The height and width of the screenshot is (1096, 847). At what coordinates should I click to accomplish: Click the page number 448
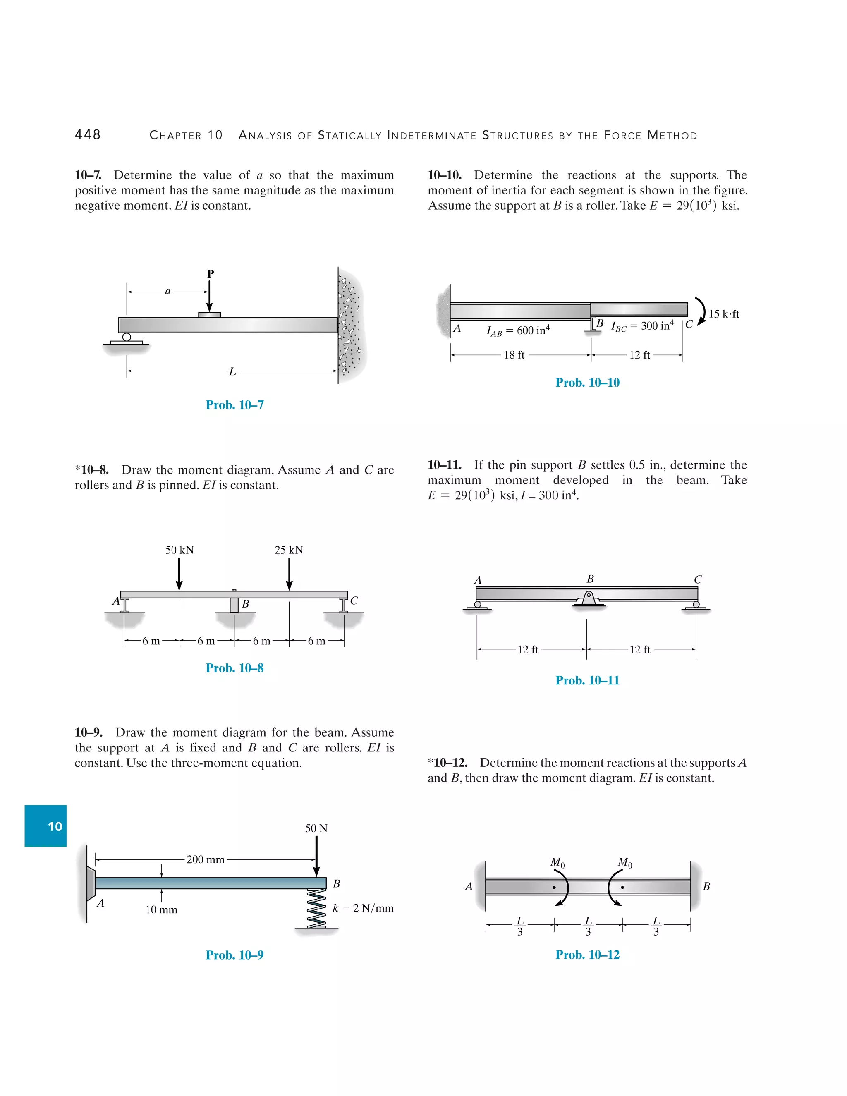(x=88, y=134)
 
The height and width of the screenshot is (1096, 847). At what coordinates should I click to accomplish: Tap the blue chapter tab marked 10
(x=45, y=826)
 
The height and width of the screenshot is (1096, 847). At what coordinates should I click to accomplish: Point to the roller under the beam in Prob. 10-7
(x=127, y=337)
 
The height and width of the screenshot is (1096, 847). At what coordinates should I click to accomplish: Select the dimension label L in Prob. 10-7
(x=232, y=372)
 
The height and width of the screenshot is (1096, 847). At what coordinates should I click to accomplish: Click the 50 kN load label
(x=179, y=550)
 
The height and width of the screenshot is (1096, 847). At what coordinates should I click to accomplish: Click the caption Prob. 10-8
(x=234, y=668)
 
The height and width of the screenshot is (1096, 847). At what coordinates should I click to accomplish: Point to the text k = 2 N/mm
(x=363, y=908)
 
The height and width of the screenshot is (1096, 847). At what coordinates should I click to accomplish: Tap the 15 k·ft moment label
(x=724, y=314)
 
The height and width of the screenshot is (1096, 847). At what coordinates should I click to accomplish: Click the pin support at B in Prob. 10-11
(x=589, y=599)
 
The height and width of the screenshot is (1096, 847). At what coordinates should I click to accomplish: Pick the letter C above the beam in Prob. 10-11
(x=697, y=579)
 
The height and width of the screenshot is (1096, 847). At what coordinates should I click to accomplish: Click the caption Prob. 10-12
(x=587, y=955)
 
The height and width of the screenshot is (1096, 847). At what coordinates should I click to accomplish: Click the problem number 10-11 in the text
(x=444, y=465)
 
